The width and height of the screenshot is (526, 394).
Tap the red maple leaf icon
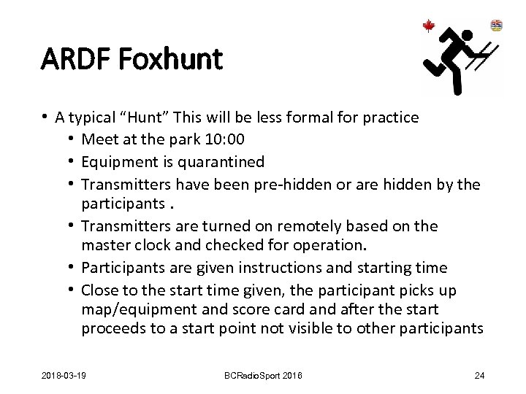(429, 26)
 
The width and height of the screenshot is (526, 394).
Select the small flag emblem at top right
(496, 26)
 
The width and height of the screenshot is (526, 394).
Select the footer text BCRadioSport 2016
(264, 376)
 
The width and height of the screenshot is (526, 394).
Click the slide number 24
(479, 376)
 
